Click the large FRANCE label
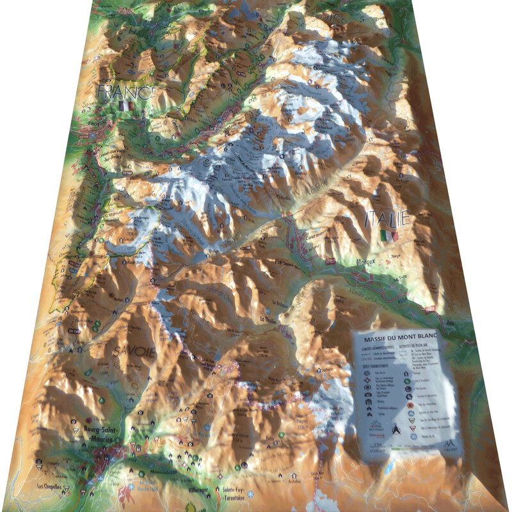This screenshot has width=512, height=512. tap(126, 92)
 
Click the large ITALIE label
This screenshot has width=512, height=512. tap(387, 219)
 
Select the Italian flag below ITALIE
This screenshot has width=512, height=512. tap(388, 236)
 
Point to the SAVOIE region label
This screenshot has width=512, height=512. tap(134, 351)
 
